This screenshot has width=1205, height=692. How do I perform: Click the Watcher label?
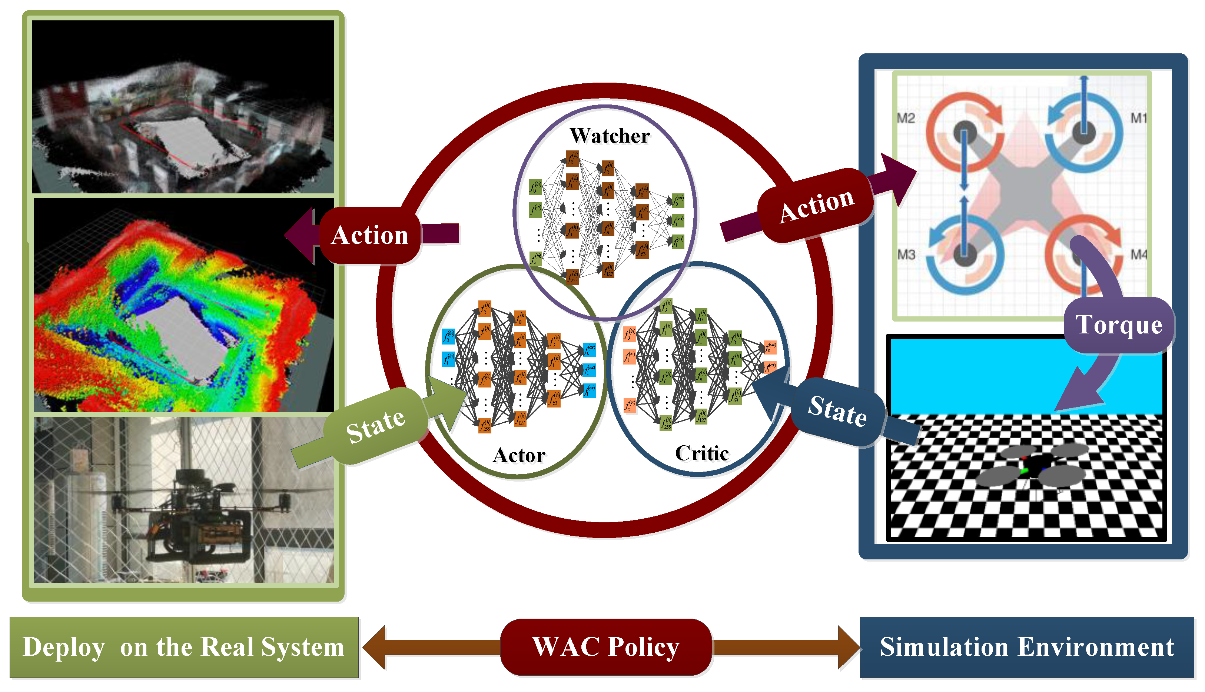coord(610,136)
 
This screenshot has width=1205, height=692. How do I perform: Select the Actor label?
coord(519,455)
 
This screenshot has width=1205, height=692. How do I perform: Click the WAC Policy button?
coord(605,647)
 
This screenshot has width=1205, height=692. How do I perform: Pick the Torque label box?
coord(1119,325)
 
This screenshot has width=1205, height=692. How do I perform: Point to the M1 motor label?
coord(1138,118)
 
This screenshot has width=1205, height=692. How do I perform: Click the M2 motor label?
coord(906,118)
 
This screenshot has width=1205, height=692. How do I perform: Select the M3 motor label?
coord(906,255)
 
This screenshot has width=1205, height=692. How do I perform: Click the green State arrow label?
coord(375,425)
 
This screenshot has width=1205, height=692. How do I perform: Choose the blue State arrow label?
coord(837,411)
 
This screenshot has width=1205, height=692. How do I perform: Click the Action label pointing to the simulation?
coord(816,205)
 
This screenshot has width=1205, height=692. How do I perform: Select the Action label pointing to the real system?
coord(370,235)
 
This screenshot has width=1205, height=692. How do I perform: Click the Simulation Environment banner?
coord(1027,647)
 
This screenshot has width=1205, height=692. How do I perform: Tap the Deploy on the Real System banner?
coord(183,647)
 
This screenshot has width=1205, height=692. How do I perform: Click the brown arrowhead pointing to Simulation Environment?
coord(849,647)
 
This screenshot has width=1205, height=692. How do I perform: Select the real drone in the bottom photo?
coord(200,516)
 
